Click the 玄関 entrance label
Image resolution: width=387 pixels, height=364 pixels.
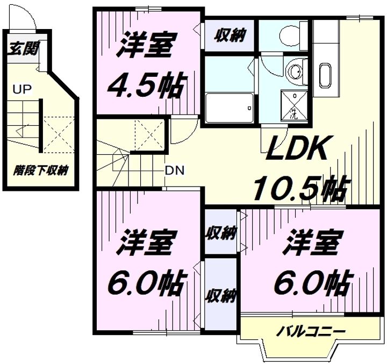tap(24, 49)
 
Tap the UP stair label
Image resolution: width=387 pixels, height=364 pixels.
tap(22, 90)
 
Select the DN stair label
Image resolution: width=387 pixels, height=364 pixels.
tap(175, 170)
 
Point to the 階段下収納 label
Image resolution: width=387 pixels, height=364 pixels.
tap(40, 170)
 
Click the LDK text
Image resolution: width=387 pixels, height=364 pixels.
tap(296, 148)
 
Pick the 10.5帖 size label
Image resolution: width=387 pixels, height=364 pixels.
tap(301, 188)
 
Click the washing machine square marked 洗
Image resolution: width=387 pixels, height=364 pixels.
tap(294, 106)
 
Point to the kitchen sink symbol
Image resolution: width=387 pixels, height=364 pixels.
tap(326, 76)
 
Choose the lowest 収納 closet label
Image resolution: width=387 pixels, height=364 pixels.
tap(221, 296)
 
